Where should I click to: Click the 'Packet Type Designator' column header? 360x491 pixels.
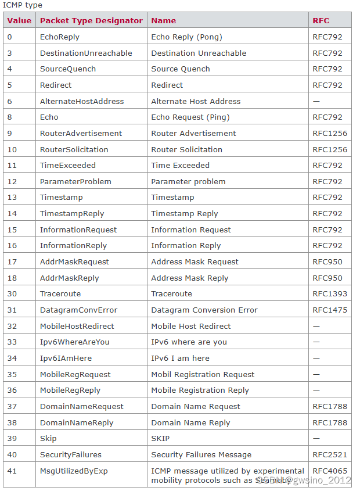click(91, 20)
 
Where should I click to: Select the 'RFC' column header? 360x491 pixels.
click(321, 20)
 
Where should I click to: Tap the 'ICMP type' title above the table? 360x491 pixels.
click(23, 5)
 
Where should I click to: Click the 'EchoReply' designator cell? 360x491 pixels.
click(60, 37)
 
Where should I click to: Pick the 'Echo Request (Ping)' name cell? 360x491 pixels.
click(190, 117)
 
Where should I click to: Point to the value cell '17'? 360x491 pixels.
click(12, 261)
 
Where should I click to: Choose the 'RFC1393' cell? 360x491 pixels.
click(330, 293)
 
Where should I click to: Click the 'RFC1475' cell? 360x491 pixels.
click(330, 310)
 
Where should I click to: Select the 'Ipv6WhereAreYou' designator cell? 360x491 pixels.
click(74, 342)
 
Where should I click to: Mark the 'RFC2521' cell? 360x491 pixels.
click(330, 454)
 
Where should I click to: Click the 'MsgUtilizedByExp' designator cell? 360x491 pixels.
click(74, 471)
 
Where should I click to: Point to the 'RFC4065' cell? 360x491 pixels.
click(330, 471)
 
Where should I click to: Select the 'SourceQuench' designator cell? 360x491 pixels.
click(68, 69)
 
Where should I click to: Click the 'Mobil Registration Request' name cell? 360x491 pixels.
click(203, 374)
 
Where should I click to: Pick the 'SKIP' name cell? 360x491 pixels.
click(160, 438)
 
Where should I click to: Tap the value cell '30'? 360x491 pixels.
click(12, 293)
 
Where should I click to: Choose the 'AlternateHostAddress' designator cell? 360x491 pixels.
click(82, 101)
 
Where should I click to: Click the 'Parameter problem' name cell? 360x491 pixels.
click(188, 181)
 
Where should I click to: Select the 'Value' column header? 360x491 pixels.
click(19, 20)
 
